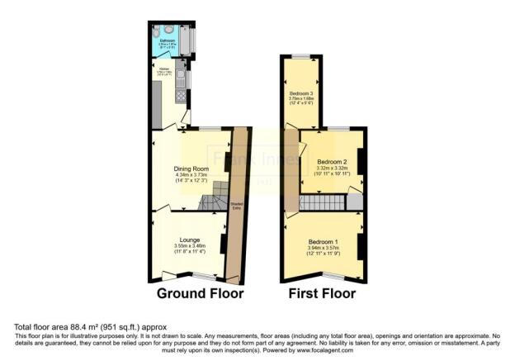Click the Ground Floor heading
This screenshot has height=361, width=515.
pyautogui.click(x=201, y=293)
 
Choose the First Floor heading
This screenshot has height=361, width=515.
pyautogui.click(x=321, y=293)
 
